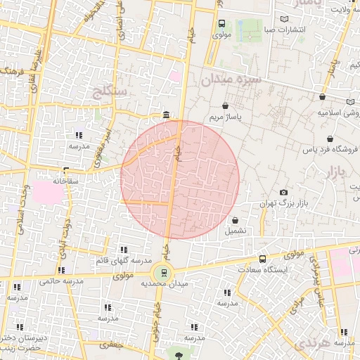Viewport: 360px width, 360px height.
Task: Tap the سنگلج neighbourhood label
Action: click(x=109, y=90)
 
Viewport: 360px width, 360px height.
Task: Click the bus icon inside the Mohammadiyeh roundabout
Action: click(x=164, y=272)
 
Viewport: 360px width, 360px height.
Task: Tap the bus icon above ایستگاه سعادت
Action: click(x=262, y=259)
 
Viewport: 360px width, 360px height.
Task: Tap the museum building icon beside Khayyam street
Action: click(x=166, y=115)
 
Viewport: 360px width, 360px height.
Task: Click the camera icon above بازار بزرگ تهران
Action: click(x=283, y=193)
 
